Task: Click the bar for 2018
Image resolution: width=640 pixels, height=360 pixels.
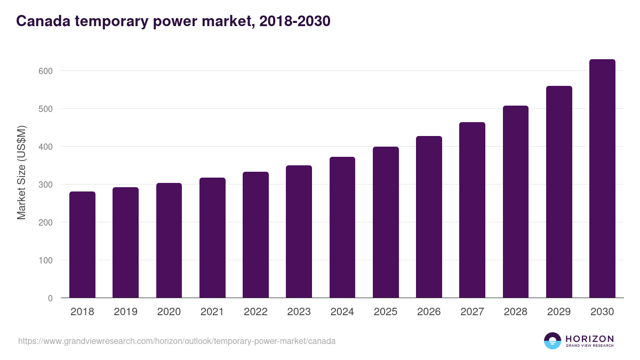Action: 82,245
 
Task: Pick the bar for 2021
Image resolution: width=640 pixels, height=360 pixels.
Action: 212,238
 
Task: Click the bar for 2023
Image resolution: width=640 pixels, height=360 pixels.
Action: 299,231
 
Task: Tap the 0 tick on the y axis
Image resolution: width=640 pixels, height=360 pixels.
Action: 50,298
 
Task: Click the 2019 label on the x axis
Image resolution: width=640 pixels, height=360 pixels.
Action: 125,312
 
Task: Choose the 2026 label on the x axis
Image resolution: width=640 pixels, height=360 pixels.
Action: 429,312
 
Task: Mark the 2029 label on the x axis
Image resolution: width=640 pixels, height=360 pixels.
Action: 559,312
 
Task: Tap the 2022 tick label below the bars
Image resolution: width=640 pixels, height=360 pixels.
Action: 255,312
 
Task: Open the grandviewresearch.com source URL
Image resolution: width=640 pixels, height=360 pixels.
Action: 177,341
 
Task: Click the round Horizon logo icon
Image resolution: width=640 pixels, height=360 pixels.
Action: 553,341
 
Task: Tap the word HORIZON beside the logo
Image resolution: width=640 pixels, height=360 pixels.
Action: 589,339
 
